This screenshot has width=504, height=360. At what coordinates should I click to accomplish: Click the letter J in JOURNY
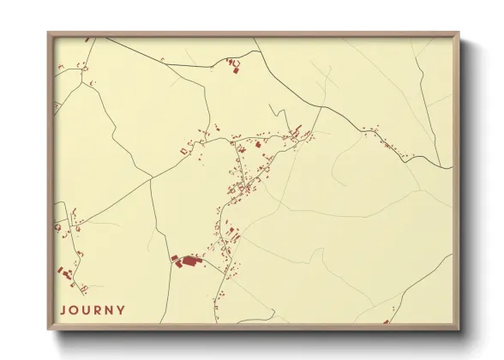[x=63, y=310]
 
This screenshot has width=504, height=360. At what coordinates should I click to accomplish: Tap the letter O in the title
[x=75, y=310]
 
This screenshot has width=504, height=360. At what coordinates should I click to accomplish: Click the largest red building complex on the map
[x=185, y=260]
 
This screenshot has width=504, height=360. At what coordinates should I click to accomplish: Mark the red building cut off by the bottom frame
[x=387, y=322]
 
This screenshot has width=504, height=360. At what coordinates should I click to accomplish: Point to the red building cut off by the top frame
[x=87, y=38]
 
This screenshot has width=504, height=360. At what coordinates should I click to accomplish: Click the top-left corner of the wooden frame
[x=48, y=33]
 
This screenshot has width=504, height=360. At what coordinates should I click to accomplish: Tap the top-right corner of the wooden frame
[x=459, y=33]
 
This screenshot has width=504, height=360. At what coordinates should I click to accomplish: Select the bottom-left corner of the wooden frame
[x=48, y=330]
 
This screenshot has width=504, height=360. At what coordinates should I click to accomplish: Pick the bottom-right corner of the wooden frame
[x=459, y=330]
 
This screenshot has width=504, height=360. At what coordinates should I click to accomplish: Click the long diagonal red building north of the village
[x=297, y=131]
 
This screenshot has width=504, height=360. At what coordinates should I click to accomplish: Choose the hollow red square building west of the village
[x=183, y=152]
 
